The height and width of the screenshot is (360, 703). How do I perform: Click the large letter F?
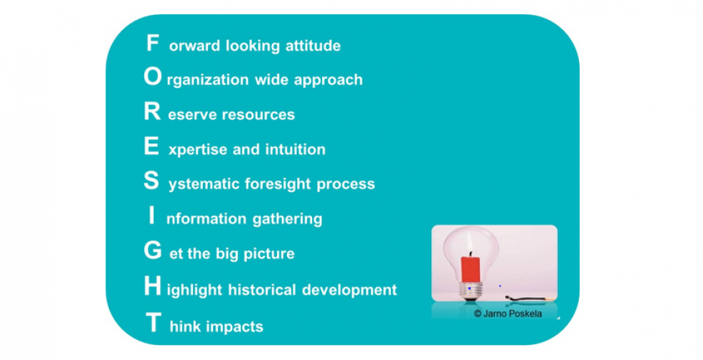(x=152, y=43)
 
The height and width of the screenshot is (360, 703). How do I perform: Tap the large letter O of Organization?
(x=152, y=77)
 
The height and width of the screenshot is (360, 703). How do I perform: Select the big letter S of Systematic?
(x=151, y=181)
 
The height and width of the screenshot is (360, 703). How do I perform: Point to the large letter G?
(x=152, y=250)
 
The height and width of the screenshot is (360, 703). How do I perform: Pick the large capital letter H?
(x=152, y=286)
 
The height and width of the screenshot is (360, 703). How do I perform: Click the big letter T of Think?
(x=153, y=322)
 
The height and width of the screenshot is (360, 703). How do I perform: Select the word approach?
(x=329, y=80)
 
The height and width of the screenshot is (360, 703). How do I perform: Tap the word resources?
(x=258, y=115)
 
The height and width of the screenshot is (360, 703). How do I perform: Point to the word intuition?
(x=296, y=149)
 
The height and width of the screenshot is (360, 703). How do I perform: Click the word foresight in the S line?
(x=278, y=184)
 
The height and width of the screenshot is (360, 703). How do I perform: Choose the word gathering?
(x=288, y=219)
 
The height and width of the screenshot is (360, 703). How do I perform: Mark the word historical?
(x=262, y=289)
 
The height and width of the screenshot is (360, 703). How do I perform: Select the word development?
(x=350, y=290)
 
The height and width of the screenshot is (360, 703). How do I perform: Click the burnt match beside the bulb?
(x=530, y=298)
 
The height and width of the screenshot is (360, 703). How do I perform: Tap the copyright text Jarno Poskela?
(x=508, y=313)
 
